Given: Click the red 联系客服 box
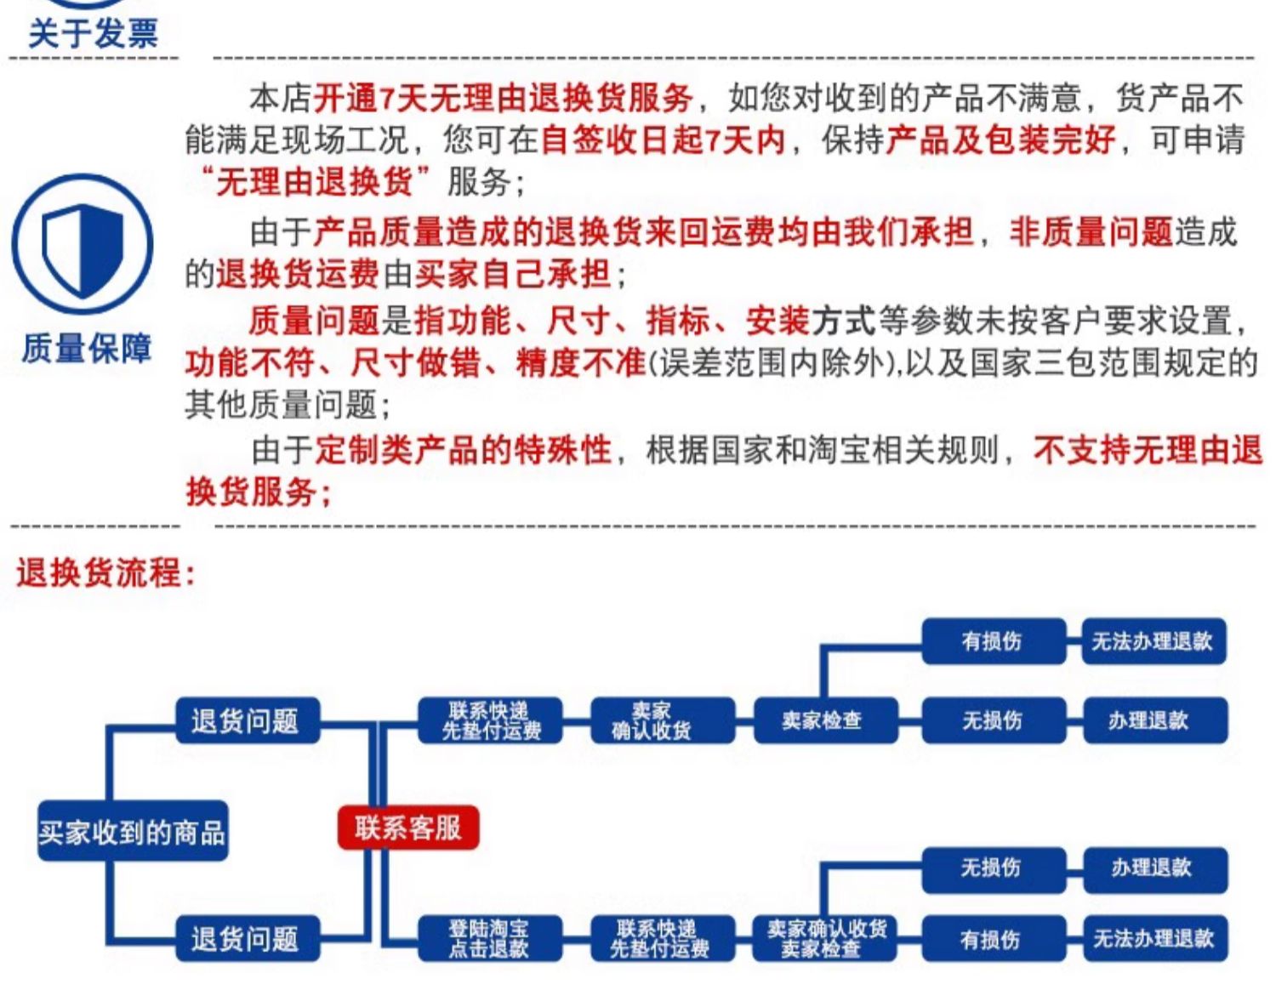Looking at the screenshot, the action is point(408,828).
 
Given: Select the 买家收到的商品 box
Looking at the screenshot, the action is point(132,832).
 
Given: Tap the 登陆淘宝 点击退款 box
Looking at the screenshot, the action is point(490,938).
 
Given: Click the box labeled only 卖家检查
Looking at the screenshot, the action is point(825,720).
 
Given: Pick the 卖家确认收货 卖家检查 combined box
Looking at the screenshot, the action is point(824,938).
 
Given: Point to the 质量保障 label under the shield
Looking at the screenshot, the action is point(86,349).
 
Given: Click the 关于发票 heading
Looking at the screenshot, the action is point(94,33).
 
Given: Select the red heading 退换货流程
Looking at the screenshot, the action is point(105,572).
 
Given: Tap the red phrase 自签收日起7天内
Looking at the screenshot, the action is point(663,140).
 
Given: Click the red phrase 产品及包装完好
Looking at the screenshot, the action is point(1000,140).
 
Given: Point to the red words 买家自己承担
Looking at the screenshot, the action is point(513,274).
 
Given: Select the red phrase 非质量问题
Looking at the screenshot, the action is point(1091,232).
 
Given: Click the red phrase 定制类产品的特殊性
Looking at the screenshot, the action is point(463,451).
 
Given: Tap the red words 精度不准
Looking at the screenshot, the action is point(580,363).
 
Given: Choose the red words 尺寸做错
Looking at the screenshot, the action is point(416,363).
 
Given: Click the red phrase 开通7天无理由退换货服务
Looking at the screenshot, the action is point(503,98).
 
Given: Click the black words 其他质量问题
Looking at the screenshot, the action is point(281,405).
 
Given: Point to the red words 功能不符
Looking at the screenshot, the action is point(250,363).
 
